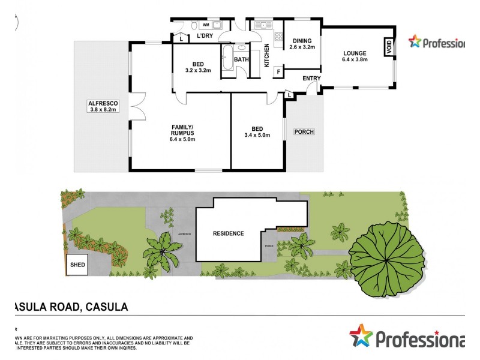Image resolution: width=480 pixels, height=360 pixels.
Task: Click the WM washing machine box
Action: click(206, 25)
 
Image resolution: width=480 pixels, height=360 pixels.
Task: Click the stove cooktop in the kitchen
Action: click(278, 38)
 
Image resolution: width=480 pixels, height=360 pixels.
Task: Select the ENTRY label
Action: click(311, 78)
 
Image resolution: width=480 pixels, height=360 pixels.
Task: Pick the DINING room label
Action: click(301, 40)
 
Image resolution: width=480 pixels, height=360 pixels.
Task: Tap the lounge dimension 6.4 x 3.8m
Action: click(355, 59)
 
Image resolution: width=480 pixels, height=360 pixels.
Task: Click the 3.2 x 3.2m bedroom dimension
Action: click(197, 70)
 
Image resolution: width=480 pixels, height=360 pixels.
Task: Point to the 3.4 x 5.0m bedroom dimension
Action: click(257, 136)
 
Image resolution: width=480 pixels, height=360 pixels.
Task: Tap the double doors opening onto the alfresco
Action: click(137, 106)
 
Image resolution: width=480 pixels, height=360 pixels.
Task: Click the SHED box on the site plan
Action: click(76, 265)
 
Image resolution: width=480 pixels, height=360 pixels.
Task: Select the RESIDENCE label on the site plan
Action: click(229, 233)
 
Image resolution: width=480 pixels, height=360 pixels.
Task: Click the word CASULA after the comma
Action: click(107, 307)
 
